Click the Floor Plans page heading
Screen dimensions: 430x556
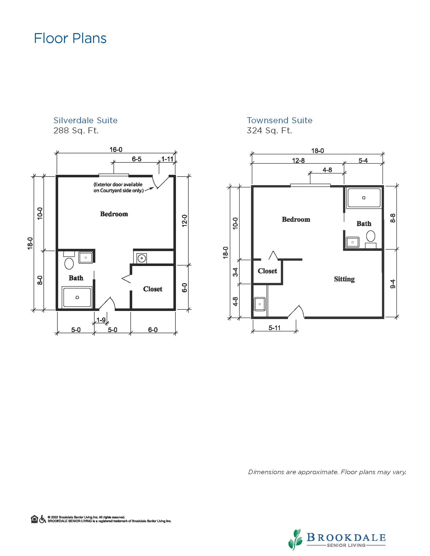point(70,38)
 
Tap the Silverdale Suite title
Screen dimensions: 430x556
point(85,120)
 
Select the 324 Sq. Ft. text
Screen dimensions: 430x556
point(269,130)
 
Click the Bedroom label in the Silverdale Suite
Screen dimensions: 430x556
point(114,214)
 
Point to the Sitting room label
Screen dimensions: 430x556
point(344,279)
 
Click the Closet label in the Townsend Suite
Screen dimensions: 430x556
point(267,271)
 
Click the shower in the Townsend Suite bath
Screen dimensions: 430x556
point(364,198)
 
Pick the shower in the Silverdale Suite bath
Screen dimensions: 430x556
point(77,297)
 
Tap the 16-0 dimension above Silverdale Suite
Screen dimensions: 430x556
point(116,150)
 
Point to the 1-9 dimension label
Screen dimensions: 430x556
point(101,320)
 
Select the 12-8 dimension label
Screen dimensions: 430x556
point(298,160)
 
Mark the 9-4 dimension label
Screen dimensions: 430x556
point(393,284)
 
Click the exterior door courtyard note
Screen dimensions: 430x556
point(119,187)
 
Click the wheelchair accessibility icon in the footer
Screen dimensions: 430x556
point(42,519)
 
